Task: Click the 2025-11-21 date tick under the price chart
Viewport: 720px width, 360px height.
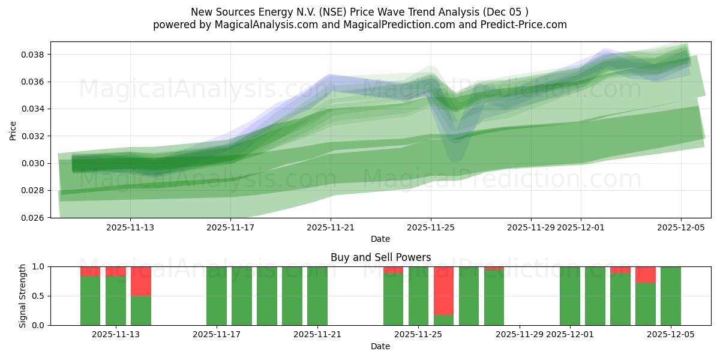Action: coord(331,228)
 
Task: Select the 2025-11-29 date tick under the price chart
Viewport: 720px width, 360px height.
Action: coord(530,228)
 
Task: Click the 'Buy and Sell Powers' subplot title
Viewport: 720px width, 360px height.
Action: coord(380,257)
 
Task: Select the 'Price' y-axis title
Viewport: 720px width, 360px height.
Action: coord(13,130)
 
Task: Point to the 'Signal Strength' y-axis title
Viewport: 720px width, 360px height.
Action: coord(22,296)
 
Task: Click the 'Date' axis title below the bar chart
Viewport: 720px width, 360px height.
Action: coord(380,346)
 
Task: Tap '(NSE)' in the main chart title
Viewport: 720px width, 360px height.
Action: coord(334,12)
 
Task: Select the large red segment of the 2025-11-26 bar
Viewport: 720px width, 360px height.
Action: coord(443,290)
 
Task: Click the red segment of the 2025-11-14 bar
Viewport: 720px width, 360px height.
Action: coord(141,281)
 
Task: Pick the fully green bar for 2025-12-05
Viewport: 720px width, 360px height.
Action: coord(670,296)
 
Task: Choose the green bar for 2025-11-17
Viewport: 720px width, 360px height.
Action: coord(217,296)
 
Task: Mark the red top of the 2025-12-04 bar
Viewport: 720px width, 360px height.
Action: coord(646,274)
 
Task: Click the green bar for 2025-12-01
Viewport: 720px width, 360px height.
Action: coord(570,296)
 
